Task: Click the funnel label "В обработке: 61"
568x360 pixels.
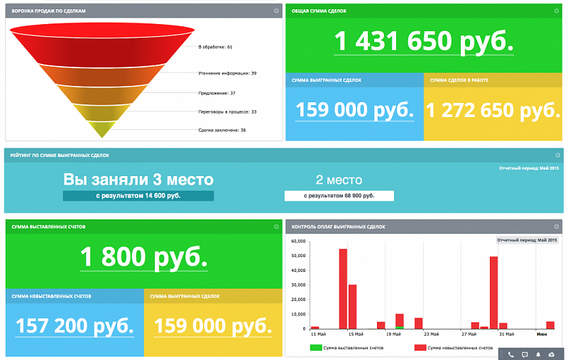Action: coord(216,48)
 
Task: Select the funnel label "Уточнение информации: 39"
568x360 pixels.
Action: coord(227,73)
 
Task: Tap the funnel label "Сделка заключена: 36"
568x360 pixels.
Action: coord(222,130)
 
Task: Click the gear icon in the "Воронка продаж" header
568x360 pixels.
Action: coord(276,11)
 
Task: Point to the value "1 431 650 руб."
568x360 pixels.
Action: coord(423,42)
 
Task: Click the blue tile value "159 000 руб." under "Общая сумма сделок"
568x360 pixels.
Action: coord(354,110)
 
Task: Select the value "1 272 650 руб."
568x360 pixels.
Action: coord(493,110)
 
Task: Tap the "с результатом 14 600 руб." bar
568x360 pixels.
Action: coord(138,195)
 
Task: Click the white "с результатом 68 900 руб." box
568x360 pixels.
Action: coord(339,195)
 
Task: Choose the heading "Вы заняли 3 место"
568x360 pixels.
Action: coord(138,179)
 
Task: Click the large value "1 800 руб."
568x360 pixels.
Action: coord(144,256)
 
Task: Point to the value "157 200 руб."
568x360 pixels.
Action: coord(75,326)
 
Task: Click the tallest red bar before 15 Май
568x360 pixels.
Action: coord(343,289)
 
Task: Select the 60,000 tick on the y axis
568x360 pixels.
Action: coord(299,241)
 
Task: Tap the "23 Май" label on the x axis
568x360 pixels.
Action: coord(431,334)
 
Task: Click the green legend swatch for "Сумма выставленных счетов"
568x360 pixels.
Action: coord(315,348)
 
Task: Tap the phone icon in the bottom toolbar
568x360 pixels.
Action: coord(510,354)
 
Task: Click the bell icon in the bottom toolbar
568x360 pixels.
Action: coord(538,354)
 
